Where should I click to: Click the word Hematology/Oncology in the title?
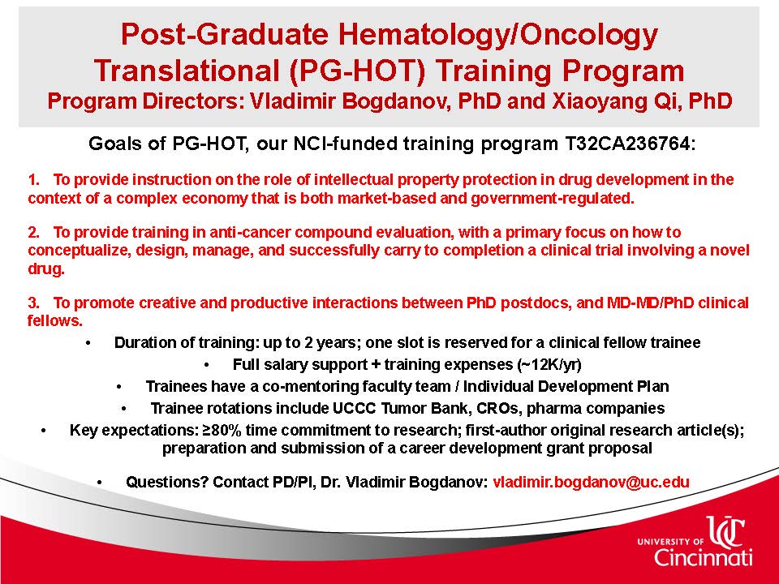498,35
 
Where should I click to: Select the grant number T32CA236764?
627,144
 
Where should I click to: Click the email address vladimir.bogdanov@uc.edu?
592,482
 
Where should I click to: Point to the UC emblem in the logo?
725,532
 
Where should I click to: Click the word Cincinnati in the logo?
703,557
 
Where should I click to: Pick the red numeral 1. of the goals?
33,179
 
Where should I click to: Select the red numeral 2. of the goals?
33,232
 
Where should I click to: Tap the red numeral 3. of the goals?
33,303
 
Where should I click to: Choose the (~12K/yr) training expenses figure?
549,364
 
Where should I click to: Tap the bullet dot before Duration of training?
88,343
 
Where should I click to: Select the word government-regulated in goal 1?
553,199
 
